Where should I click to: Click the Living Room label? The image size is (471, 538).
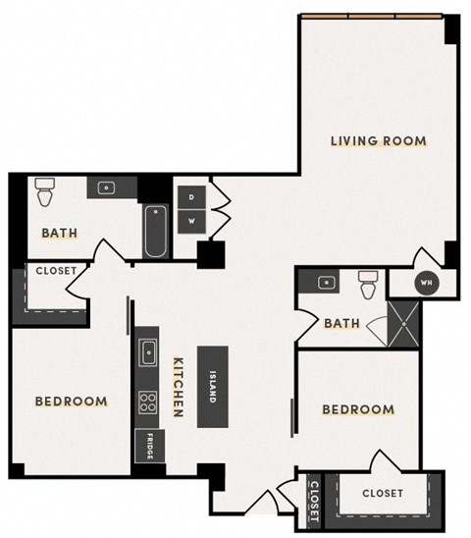(x=378, y=141)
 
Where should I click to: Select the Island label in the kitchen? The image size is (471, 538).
(x=214, y=386)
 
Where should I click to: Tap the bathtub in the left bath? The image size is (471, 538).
(x=154, y=231)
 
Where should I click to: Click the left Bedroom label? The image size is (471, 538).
(x=71, y=402)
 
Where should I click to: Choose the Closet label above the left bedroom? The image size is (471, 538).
(x=49, y=271)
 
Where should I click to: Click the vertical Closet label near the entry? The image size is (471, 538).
(x=314, y=500)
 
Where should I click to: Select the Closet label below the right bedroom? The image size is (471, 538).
(x=382, y=494)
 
